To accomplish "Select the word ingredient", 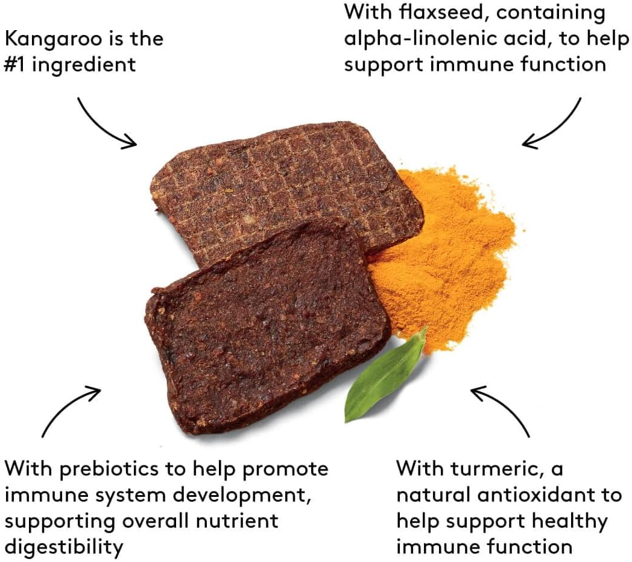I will pyautogui.click(x=84, y=65).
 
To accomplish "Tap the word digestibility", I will pyautogui.click(x=63, y=547).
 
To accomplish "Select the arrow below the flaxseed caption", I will pyautogui.click(x=551, y=124).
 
